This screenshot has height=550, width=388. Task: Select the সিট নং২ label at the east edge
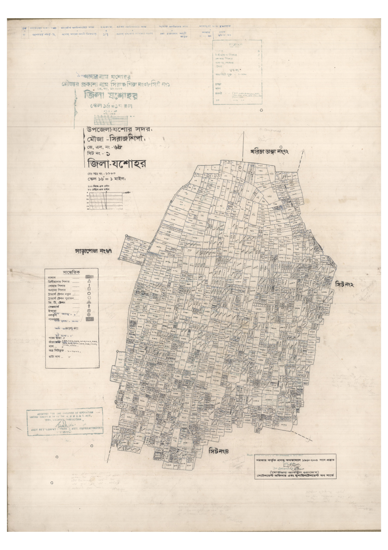[x=344, y=284]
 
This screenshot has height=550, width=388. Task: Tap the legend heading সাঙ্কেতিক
[x=71, y=273]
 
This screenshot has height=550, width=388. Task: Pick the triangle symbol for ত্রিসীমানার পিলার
[x=89, y=282]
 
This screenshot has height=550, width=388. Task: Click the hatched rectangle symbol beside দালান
[x=89, y=277]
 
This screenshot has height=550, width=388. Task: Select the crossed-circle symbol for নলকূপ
[x=89, y=315]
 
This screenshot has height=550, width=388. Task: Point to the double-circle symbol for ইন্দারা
[x=89, y=310]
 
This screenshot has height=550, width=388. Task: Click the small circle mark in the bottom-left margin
[x=52, y=483]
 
